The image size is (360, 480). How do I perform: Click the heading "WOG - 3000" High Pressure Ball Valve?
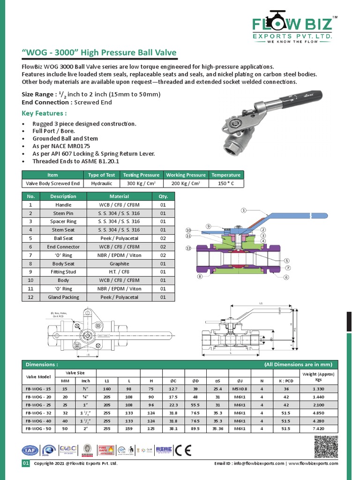[99, 53]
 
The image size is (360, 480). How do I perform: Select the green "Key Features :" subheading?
[44, 113]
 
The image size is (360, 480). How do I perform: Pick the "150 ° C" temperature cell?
[225, 184]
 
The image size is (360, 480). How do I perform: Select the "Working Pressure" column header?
[186, 175]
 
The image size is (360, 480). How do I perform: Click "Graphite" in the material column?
[119, 264]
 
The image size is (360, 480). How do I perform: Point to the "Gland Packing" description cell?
[63, 297]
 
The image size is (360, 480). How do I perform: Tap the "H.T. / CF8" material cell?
[119, 272]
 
